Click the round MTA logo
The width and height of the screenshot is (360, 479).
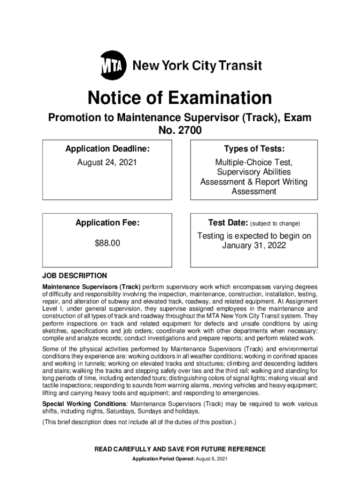point(114,66)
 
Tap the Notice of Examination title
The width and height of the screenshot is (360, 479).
point(180,98)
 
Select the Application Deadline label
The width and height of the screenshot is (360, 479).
point(108,149)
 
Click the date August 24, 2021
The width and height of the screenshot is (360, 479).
point(108,163)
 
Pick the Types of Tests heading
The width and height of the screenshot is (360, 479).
point(254,149)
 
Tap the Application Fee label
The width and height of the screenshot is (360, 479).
point(108,223)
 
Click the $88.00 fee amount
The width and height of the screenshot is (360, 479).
point(108,243)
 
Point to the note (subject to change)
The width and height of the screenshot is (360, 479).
point(275,224)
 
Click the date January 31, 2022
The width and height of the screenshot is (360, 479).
point(254,246)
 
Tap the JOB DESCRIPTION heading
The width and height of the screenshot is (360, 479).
point(75,276)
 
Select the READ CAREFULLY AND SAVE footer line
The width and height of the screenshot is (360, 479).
point(180,449)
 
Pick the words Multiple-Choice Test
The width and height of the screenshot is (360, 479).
point(254,163)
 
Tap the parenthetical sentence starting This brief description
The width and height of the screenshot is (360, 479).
point(140,422)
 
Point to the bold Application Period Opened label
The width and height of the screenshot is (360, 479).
point(162,458)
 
